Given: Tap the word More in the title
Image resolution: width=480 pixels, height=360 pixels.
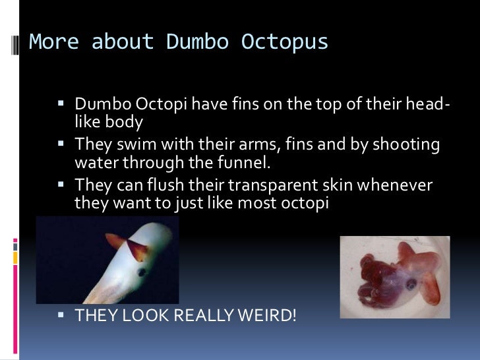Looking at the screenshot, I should (x=55, y=42).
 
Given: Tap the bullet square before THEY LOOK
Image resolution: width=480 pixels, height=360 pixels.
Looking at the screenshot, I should (x=63, y=315).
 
